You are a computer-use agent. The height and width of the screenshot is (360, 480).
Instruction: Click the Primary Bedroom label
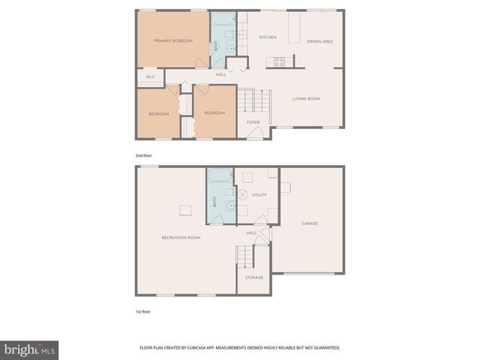(172, 40)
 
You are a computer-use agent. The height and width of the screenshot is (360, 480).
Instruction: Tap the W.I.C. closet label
(150, 76)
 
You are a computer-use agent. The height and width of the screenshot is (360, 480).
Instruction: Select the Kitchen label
(268, 37)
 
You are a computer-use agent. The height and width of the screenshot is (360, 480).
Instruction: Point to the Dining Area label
(320, 41)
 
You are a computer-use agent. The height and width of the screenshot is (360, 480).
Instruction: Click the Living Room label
(306, 98)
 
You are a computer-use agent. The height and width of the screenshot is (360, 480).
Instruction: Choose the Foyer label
(253, 121)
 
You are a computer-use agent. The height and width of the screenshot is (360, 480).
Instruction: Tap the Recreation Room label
(181, 237)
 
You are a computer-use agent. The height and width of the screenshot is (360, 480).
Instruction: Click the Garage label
(310, 223)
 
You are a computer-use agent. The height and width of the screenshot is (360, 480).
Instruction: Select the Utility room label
(259, 195)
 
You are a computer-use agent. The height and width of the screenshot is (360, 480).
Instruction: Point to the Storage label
(254, 277)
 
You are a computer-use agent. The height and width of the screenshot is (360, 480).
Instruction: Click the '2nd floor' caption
(143, 155)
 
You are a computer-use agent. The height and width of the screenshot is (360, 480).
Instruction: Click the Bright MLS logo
(29, 350)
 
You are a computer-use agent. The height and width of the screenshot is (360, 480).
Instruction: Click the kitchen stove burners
(279, 62)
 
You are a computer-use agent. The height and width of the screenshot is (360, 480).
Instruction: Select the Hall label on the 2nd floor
(220, 74)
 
